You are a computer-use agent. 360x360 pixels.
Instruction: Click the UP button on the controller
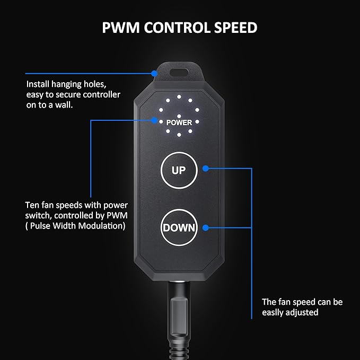179,170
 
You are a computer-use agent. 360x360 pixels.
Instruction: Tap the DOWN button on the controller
179,227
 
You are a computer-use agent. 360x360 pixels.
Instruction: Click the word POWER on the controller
179,122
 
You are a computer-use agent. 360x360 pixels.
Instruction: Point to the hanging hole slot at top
179,73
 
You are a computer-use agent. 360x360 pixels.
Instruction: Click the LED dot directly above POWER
179,117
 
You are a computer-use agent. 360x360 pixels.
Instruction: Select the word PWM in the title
121,28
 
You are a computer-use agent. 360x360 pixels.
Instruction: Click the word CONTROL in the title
177,28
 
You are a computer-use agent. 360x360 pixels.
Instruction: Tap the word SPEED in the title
235,28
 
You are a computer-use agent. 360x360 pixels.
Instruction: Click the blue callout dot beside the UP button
206,169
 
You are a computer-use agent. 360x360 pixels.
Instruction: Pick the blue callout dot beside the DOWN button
206,228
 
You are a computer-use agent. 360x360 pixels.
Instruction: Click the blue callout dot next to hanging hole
154,74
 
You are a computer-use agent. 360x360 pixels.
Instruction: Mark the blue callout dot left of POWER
154,120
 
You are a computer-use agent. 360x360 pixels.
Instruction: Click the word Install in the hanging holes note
38,84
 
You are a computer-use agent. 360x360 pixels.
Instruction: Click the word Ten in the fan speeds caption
32,205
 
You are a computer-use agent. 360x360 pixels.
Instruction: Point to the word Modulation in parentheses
101,226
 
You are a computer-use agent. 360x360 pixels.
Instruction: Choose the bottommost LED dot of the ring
179,135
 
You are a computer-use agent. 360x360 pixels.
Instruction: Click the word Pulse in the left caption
40,226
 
